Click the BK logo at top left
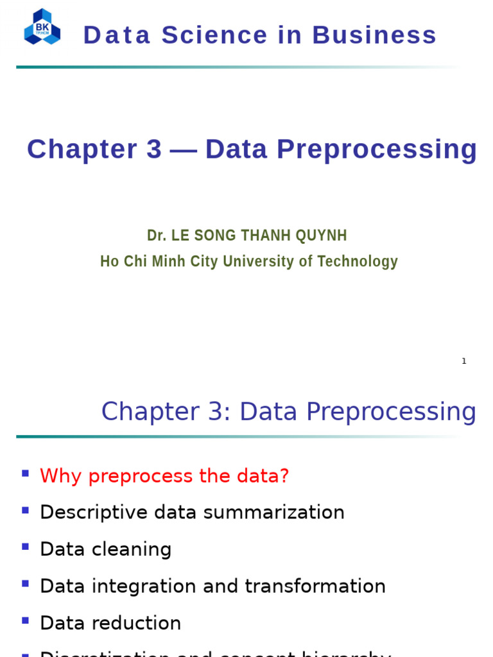[42, 27]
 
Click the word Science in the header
[214, 35]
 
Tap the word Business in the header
[374, 35]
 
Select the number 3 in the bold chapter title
[154, 149]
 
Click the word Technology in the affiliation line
[358, 262]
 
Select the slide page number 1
[464, 361]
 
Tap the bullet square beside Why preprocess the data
[25, 474]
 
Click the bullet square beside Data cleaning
[25, 547]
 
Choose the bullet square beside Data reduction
[25, 620]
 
